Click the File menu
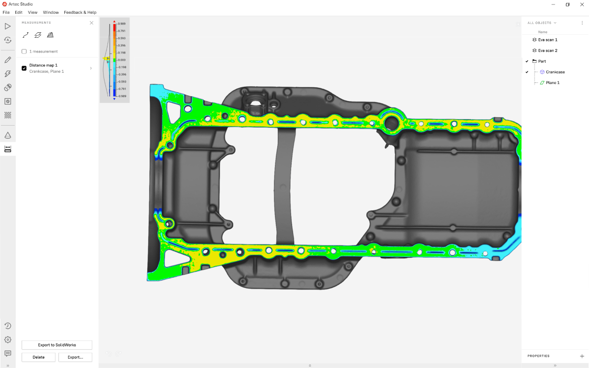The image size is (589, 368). point(6,12)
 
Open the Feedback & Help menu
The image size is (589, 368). point(80,12)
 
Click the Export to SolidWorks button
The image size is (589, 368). point(57,345)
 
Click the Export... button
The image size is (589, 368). point(75,357)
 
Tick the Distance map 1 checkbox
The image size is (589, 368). point(24,68)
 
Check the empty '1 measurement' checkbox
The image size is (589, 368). point(24,52)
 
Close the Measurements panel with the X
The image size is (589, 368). point(91,23)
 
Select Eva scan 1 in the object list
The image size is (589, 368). point(547,40)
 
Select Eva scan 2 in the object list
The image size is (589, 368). point(547,51)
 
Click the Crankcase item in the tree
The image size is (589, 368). point(555,72)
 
